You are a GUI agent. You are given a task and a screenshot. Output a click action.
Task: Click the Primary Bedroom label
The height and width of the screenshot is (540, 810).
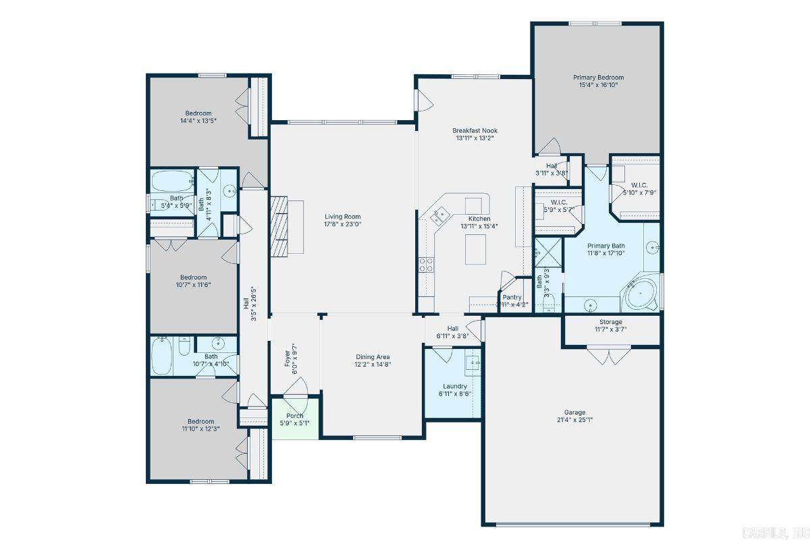click(598, 77)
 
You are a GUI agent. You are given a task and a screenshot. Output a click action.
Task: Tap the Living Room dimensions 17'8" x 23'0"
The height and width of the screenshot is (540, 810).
click(343, 225)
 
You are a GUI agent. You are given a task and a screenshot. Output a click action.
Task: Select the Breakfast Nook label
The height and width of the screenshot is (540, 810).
click(475, 130)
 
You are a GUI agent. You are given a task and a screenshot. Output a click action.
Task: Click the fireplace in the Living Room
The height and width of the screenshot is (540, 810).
click(279, 227)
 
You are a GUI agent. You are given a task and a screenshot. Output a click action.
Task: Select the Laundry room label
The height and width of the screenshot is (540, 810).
click(455, 386)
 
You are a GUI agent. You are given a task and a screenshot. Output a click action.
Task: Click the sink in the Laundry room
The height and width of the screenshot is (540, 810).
click(473, 362)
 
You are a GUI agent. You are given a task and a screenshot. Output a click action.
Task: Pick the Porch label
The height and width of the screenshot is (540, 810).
click(295, 415)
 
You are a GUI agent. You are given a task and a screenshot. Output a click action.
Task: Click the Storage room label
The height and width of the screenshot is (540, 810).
click(611, 322)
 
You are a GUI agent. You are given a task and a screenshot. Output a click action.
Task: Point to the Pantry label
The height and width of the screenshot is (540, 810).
click(512, 297)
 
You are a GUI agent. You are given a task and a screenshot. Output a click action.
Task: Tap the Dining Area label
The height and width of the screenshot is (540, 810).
click(373, 357)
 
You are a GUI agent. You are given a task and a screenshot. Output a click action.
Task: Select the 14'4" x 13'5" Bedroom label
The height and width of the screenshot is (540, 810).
click(198, 113)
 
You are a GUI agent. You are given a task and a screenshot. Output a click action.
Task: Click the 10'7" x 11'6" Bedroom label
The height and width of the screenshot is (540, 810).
click(193, 277)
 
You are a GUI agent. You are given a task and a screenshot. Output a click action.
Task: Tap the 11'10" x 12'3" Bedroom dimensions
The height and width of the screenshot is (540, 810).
click(200, 429)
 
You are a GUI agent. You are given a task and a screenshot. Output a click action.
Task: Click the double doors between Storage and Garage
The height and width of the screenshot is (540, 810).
click(610, 355)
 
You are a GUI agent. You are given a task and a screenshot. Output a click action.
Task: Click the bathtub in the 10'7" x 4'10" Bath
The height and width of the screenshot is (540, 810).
click(162, 357)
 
